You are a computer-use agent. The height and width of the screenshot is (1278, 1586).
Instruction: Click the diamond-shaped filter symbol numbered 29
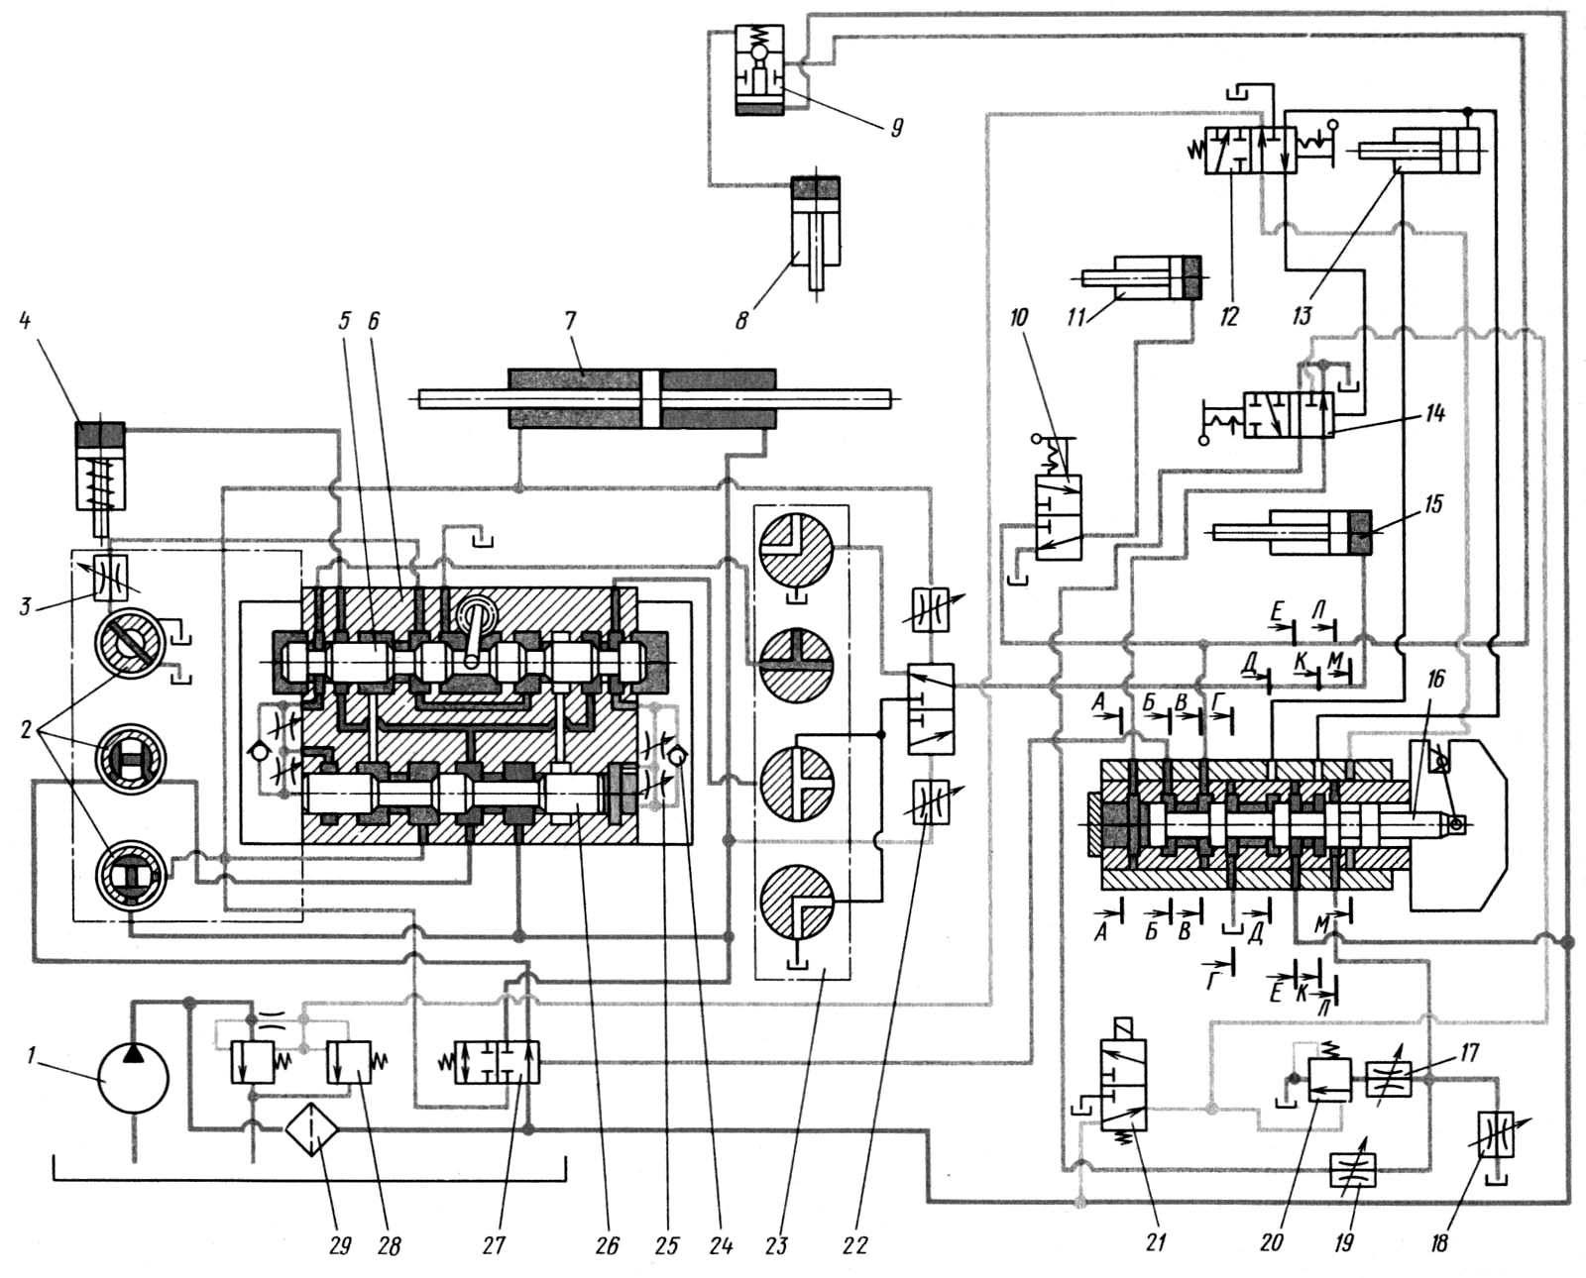313,1127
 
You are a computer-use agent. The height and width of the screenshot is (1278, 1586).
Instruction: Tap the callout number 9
897,128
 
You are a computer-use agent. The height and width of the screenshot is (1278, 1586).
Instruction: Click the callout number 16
1436,680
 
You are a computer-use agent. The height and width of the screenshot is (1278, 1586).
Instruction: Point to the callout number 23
776,1245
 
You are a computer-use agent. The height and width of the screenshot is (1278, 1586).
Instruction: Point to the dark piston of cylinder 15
1359,532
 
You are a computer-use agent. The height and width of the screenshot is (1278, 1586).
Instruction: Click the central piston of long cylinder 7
650,399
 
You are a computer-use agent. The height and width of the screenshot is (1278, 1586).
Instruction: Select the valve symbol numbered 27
498,1062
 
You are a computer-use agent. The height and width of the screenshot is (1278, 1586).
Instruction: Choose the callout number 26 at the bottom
607,1245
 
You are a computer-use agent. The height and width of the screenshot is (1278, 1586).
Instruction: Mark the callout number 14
1435,414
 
